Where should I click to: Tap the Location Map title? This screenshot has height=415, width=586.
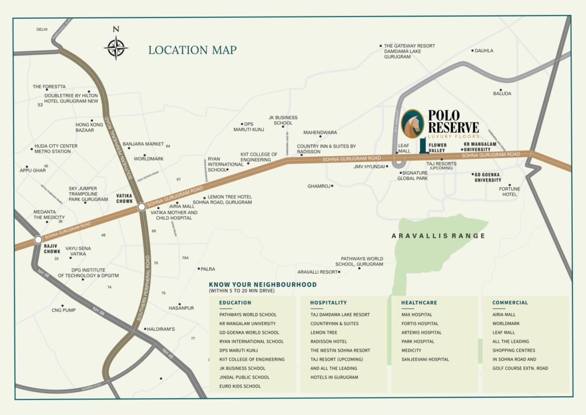[192, 50]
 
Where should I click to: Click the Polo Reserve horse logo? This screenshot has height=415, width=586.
[413, 124]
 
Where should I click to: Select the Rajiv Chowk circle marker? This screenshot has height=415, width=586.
[38, 240]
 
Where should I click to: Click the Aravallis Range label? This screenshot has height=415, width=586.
[438, 236]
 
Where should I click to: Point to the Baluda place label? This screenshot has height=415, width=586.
[502, 93]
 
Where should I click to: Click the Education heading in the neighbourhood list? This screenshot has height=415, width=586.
[235, 303]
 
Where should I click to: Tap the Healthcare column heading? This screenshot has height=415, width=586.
[419, 303]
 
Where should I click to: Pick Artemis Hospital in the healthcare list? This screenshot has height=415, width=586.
[421, 333]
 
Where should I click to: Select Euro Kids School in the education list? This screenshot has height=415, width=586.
[240, 386]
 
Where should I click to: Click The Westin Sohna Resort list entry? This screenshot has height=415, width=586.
[340, 350]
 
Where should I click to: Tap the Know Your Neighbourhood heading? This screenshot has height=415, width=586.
[263, 284]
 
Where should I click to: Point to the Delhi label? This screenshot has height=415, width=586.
[42, 29]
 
